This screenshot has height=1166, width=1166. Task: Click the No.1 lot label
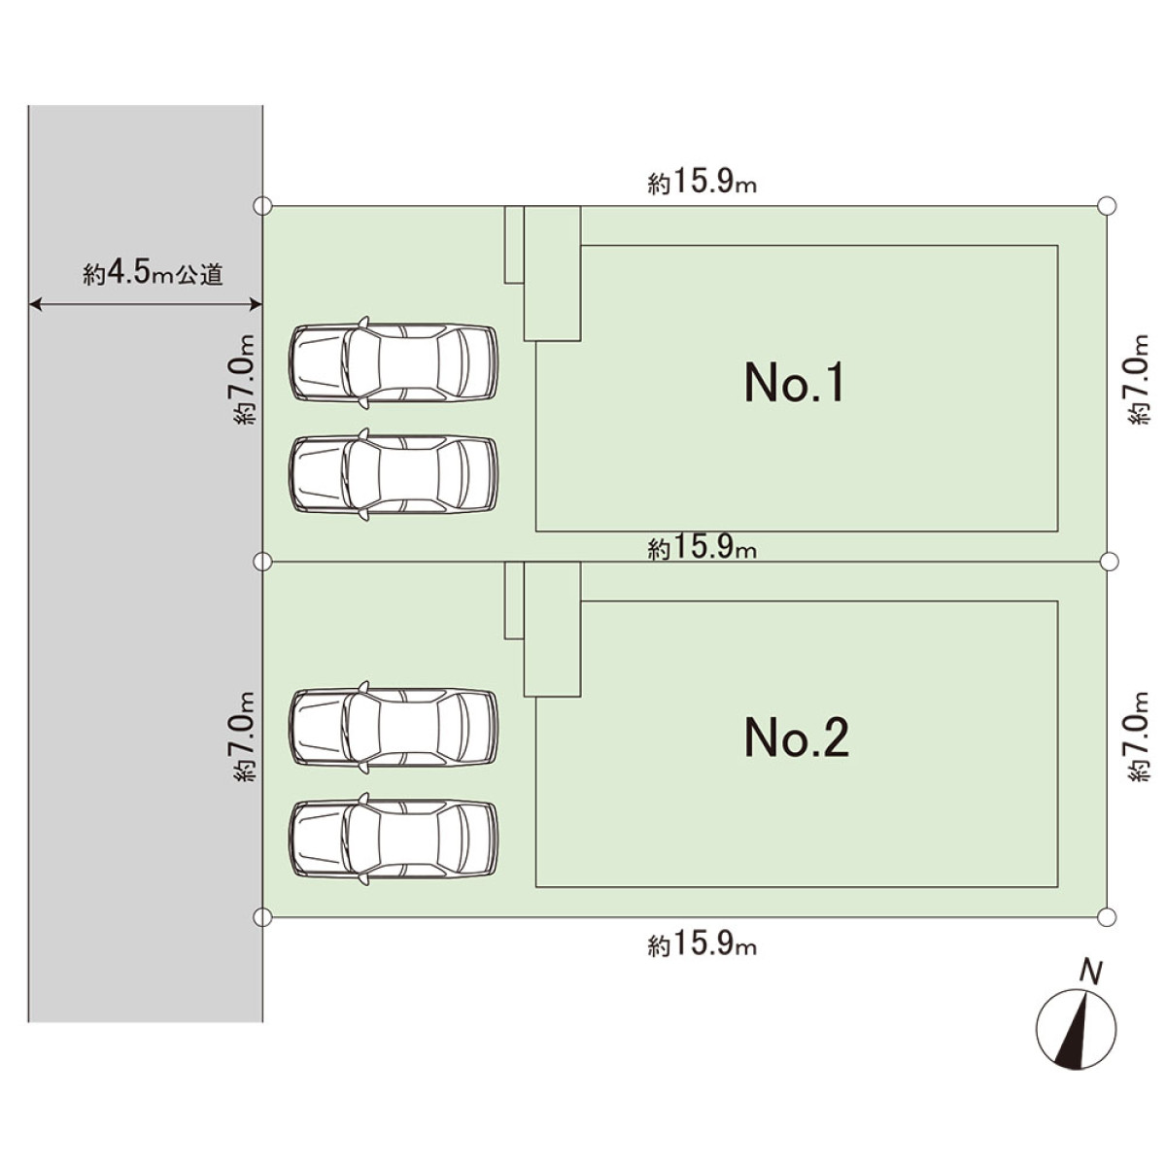pos(795,382)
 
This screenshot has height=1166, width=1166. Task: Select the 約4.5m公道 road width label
pos(154,275)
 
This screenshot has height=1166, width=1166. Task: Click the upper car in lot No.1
pos(394,361)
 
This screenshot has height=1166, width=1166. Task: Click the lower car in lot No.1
pos(394,474)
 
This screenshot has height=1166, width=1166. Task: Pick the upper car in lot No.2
pos(394,727)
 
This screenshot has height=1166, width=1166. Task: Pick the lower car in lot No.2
pos(394,839)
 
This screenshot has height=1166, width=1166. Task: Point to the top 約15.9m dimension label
pos(702,184)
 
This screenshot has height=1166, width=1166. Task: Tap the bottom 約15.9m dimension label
pos(702,944)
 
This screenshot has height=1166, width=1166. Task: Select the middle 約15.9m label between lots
pos(702,549)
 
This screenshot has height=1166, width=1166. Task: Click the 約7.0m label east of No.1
pos(1137,379)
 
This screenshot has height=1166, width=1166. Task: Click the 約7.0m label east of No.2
pos(1137,736)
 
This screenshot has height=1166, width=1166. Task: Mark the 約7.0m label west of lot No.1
pos(244,379)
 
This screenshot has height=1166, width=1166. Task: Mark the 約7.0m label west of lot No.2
pos(244,736)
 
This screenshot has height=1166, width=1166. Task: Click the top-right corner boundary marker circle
pos(1106,206)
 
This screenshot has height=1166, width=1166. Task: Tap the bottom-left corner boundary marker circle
pos(261,916)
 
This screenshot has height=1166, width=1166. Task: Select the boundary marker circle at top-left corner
pos(261,206)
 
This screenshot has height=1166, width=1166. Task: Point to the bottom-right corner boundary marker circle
pos(1106,916)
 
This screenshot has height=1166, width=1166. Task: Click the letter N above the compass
pos(1092,972)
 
